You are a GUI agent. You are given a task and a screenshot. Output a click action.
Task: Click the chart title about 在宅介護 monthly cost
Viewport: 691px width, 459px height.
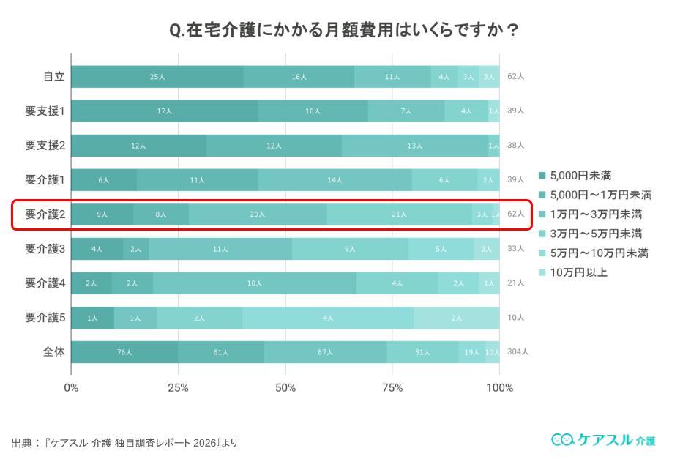pyautogui.click(x=345, y=30)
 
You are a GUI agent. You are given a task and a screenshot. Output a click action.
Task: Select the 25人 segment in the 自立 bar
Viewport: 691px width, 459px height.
pyautogui.click(x=157, y=76)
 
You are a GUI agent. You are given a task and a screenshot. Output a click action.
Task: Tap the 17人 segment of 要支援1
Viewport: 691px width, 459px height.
pyautogui.click(x=164, y=111)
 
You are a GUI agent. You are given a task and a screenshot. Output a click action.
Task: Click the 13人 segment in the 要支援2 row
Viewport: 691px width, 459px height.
pyautogui.click(x=415, y=145)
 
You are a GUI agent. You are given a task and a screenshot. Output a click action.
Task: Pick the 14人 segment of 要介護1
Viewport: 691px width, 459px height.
pyautogui.click(x=335, y=179)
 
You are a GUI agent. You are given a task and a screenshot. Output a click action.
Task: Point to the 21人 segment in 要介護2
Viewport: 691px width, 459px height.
pyautogui.click(x=399, y=214)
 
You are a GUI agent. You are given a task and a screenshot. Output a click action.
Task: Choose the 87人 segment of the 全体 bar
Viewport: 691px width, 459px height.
pyautogui.click(x=326, y=351)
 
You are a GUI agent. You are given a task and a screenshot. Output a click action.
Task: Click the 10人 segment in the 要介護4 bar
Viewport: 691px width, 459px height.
pyautogui.click(x=255, y=283)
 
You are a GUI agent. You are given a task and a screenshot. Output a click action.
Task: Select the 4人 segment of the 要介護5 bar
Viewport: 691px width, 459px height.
pyautogui.click(x=328, y=317)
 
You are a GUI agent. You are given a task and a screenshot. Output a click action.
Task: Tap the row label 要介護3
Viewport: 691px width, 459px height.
pyautogui.click(x=45, y=248)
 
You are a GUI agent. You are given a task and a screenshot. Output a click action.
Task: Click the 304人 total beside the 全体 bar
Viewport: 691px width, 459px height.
pyautogui.click(x=518, y=351)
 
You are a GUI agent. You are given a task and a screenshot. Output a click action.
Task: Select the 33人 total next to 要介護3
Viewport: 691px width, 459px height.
pyautogui.click(x=515, y=248)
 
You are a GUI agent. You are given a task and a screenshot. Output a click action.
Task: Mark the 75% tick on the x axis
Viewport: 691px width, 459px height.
pyautogui.click(x=392, y=387)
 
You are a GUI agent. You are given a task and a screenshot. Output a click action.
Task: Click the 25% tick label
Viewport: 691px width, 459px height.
pyautogui.click(x=178, y=387)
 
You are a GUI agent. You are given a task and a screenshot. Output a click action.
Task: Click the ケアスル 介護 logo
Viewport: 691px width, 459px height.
pyautogui.click(x=603, y=439)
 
